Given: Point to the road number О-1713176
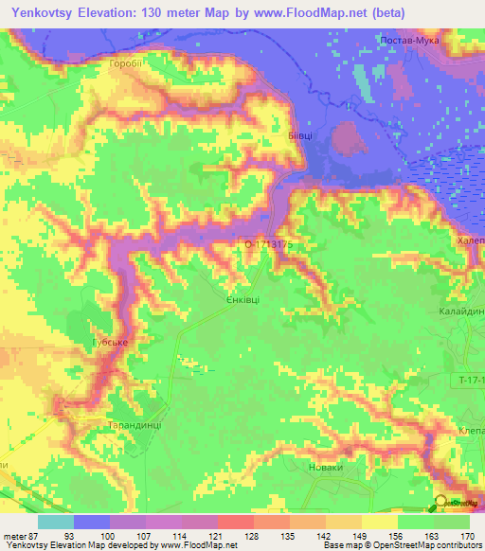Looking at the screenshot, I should [x=270, y=243].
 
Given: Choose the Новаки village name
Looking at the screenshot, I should [x=326, y=467].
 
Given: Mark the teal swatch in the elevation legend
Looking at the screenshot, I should [x=56, y=522].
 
